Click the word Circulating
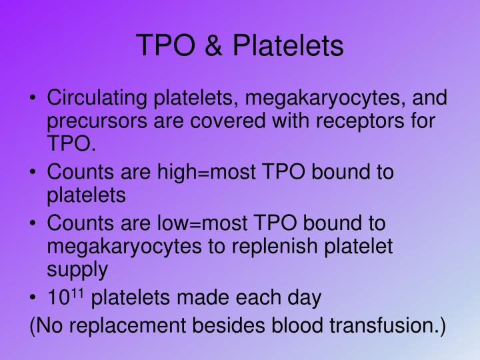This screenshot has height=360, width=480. pos(98,99)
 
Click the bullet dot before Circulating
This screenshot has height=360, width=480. pos(33,100)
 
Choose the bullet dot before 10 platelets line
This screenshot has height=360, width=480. pos(33,298)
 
